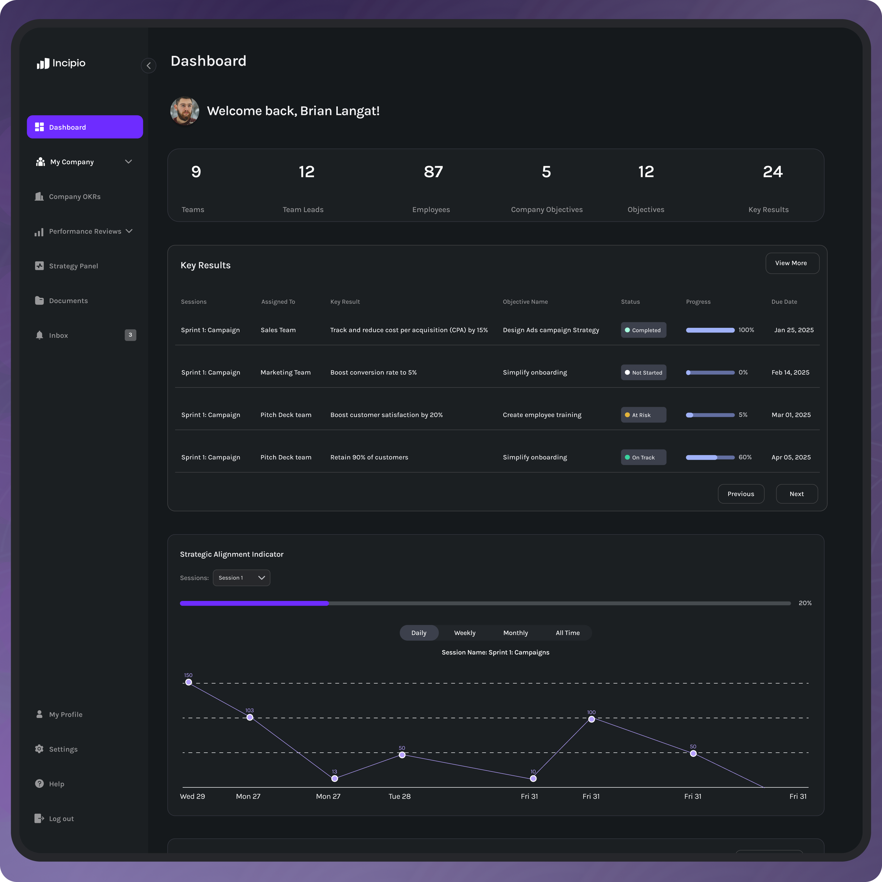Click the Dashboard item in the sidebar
pyautogui.click(x=85, y=127)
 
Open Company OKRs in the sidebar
pyautogui.click(x=74, y=197)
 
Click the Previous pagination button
pyautogui.click(x=741, y=494)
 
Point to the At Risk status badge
pyautogui.click(x=643, y=415)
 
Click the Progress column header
pyautogui.click(x=698, y=302)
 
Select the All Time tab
pyautogui.click(x=567, y=633)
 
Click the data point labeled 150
pyautogui.click(x=188, y=682)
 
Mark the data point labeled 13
pyautogui.click(x=335, y=779)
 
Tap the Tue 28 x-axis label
pyautogui.click(x=400, y=796)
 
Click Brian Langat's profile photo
pyautogui.click(x=184, y=111)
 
